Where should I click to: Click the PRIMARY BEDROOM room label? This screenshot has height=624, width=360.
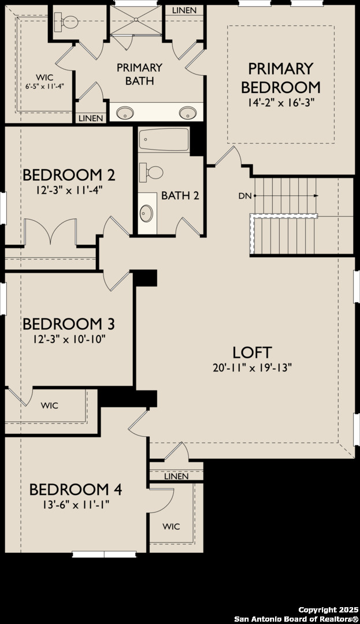coord(280,78)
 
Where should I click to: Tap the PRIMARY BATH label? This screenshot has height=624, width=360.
coord(139,74)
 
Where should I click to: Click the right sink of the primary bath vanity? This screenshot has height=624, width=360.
coord(186,112)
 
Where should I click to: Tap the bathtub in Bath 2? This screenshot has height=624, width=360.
coord(165,140)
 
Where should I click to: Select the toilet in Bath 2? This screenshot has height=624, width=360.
coord(154,172)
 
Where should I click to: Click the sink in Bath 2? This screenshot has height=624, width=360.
coord(146,213)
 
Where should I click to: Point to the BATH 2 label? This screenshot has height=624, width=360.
coord(180,195)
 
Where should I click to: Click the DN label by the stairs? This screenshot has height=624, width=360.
coord(244,196)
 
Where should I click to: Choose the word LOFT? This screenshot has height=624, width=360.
coord(252,352)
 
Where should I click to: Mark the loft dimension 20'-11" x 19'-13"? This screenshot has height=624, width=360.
coord(252,368)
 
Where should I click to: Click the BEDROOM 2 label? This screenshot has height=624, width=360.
coord(69,174)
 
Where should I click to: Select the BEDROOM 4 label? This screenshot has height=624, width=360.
coord(76,489)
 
